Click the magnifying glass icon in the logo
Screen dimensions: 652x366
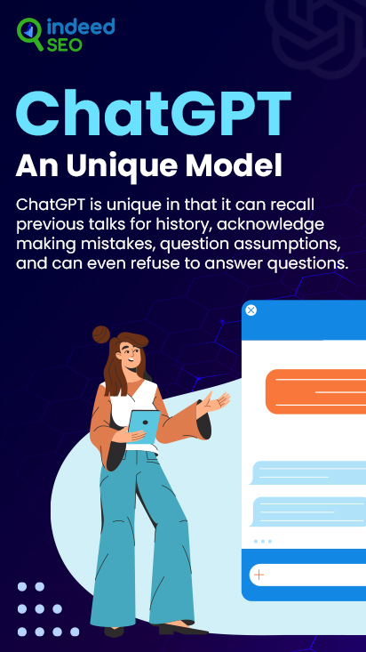pos(30,34)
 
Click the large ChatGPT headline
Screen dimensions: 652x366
pos(153,115)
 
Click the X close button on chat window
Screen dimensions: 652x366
pos(251,310)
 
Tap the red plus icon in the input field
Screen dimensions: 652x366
pos(259,575)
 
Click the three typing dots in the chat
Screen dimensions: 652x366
pos(262,541)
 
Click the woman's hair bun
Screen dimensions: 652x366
pos(101,335)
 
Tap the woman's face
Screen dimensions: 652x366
pos(132,358)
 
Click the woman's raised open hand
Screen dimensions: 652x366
pos(215,403)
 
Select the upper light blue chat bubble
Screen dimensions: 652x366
pos(310,472)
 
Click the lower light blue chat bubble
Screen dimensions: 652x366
pos(310,511)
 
